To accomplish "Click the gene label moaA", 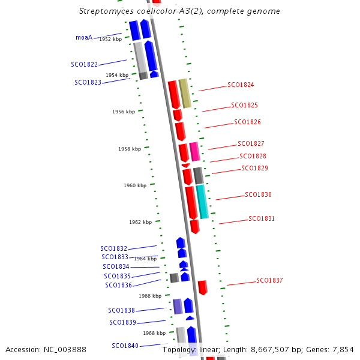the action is coord(84,37).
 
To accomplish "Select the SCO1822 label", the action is coord(85,64).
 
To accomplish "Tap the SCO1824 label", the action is coord(241,85).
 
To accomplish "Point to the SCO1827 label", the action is coord(251,144).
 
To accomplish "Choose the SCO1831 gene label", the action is coord(262,219).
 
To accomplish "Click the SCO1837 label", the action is coord(269,281).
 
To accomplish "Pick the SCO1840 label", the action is coord(125,346).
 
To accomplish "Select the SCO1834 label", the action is coord(116,266).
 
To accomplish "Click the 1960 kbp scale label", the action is coord(135,186).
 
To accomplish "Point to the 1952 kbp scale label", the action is coord(110,39).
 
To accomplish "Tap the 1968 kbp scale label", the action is coord(154,333).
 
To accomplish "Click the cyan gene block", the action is coord(202,202).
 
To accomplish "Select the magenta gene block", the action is coord(194,151).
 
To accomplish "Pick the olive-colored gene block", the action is coord(185,93).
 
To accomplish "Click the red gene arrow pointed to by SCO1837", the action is coord(203,287).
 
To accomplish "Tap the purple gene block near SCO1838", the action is coord(178,307).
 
